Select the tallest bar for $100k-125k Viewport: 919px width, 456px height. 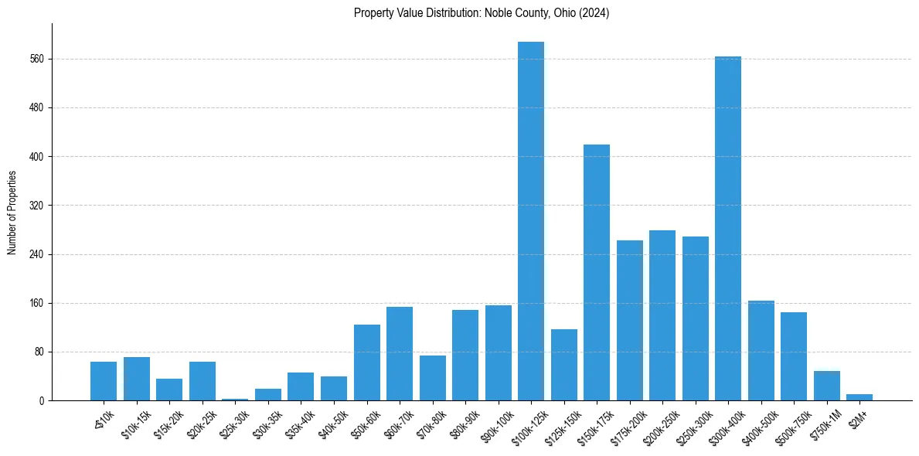tap(531, 221)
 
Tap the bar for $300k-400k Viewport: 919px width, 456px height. tap(728, 228)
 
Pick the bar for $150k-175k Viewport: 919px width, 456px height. tap(597, 272)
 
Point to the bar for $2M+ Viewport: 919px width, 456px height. tap(859, 397)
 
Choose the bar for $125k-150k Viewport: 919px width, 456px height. tap(564, 365)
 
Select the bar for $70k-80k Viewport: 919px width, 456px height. tap(433, 378)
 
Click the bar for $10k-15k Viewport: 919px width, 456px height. tap(137, 379)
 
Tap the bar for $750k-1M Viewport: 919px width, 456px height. tap(826, 386)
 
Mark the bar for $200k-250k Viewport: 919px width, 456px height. tap(662, 315)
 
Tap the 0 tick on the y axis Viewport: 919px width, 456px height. tap(43, 400)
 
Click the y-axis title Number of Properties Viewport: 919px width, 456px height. tap(12, 212)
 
